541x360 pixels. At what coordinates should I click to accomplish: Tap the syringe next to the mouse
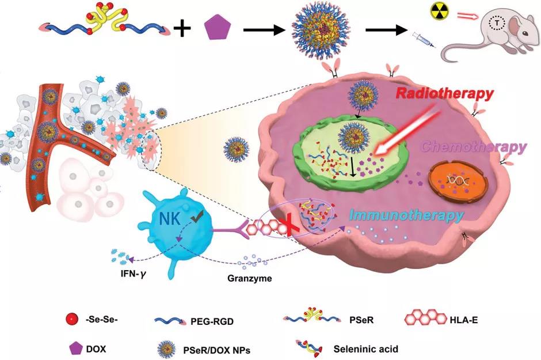point(421,41)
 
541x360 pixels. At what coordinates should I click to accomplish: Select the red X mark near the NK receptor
point(292,223)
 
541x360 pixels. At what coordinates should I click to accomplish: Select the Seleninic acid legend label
point(365,348)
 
